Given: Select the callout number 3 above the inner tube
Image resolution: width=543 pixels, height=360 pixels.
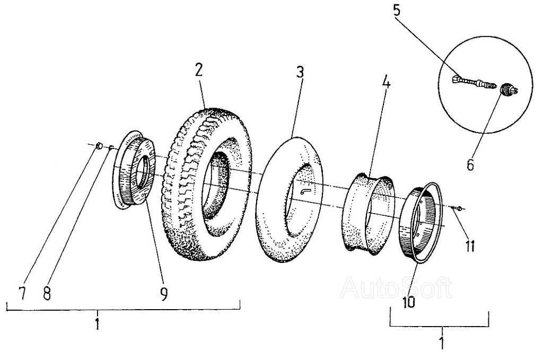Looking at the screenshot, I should click(300, 72).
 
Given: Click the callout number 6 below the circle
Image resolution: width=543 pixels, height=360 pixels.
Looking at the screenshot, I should click(470, 164).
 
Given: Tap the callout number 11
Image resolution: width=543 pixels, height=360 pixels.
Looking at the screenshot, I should click(469, 246).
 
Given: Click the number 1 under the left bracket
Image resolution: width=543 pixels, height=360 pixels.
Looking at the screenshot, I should click(98, 323).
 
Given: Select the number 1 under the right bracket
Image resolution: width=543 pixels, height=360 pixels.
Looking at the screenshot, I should click(441, 342).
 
